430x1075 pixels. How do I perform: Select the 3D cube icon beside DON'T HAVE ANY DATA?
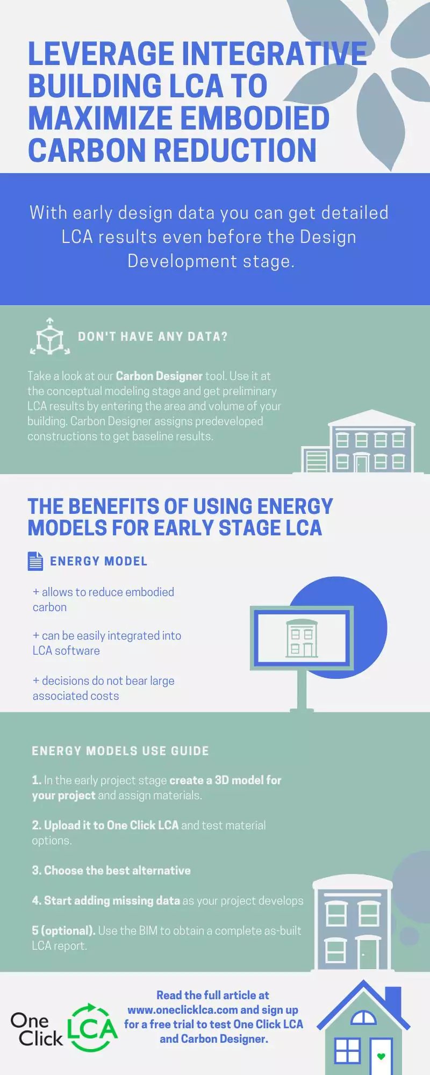[50, 337]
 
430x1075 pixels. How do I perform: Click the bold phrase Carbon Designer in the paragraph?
[159, 376]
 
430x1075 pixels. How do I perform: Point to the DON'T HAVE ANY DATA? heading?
[153, 337]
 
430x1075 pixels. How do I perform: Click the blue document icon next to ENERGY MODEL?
[35, 561]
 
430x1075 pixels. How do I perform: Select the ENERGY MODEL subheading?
[98, 561]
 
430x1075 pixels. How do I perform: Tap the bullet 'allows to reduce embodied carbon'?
[103, 599]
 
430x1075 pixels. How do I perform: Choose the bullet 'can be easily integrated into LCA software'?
[107, 643]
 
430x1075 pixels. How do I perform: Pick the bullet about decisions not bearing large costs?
[103, 688]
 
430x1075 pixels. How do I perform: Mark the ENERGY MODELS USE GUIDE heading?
[120, 751]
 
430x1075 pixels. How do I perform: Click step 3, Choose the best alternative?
[111, 870]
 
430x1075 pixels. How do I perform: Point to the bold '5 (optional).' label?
[63, 930]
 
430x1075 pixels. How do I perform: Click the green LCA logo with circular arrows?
[92, 1028]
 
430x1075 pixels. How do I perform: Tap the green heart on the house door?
[382, 1056]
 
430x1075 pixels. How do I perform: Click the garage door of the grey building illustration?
[316, 461]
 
